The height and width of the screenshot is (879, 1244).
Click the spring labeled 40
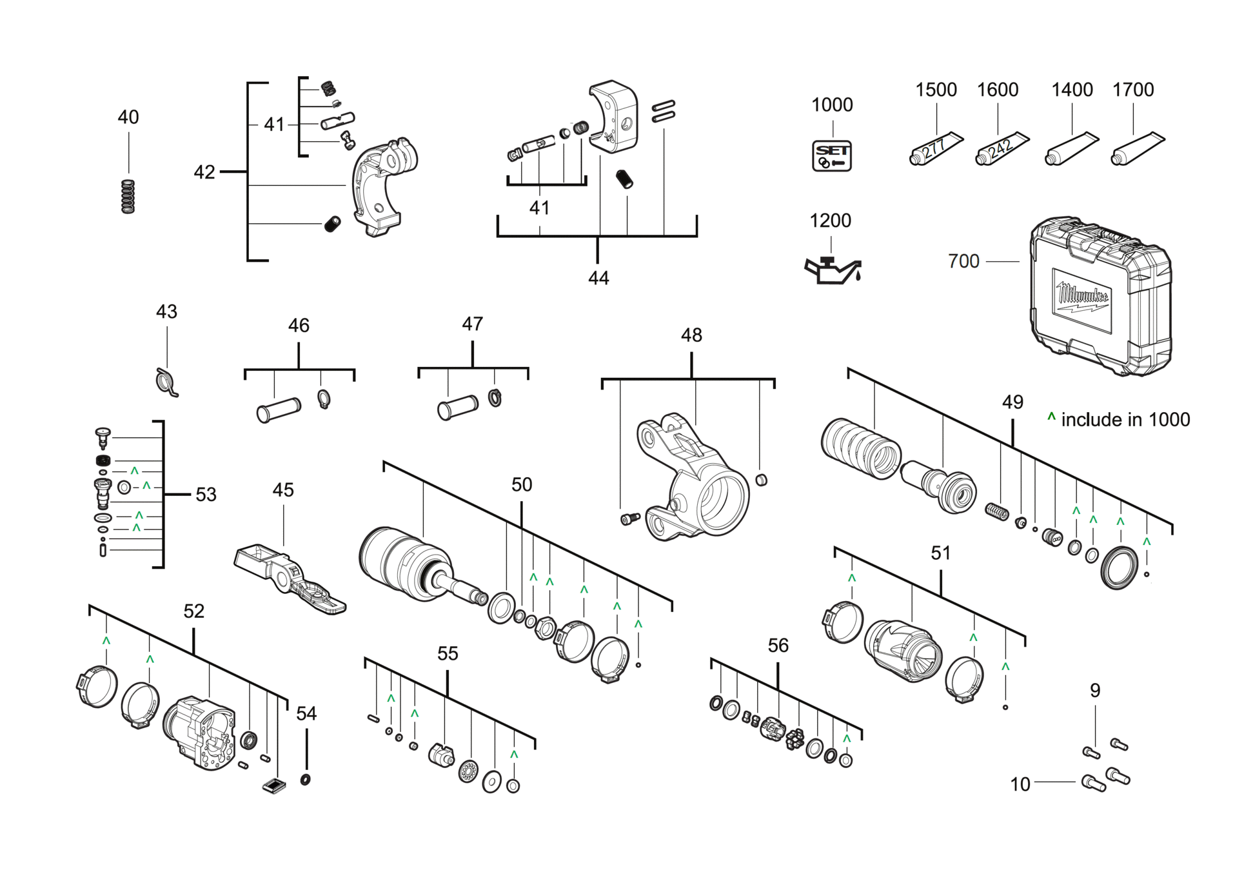(129, 197)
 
